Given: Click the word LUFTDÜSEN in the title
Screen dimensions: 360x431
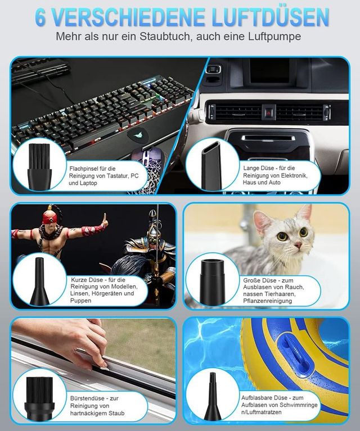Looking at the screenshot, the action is point(271,17).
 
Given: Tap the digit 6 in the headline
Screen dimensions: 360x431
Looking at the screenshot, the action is point(40,17).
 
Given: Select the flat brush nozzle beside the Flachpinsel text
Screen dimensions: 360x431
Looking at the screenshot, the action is point(39,167).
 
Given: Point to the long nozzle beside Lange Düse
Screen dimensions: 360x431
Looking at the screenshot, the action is point(211,166).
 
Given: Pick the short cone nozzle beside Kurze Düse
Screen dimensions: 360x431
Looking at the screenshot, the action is point(39,282).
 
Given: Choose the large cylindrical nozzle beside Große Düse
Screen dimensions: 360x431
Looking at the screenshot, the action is point(213,282).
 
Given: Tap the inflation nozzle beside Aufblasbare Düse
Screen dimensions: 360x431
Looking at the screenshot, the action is point(213,396).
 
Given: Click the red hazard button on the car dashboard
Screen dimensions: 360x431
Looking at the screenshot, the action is point(269,112).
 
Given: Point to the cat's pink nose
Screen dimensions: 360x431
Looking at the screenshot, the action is point(298,244).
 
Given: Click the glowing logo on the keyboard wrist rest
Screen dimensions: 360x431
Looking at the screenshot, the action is point(138,135).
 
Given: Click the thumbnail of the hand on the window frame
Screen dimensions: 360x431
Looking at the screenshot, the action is point(93,370).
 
